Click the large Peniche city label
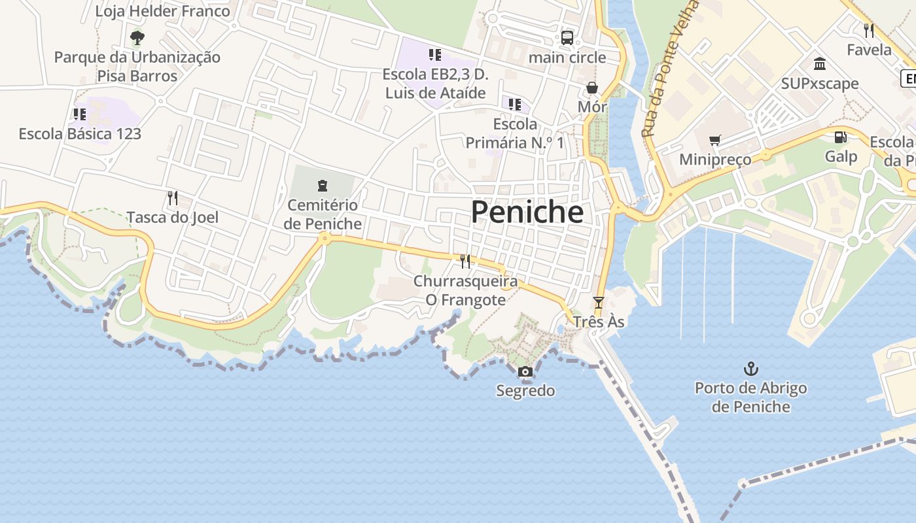click(x=527, y=212)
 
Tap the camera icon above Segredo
click(x=525, y=372)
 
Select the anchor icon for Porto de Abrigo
click(x=750, y=369)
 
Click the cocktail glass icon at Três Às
click(x=598, y=302)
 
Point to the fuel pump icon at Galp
click(x=840, y=137)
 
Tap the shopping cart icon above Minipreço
click(x=714, y=141)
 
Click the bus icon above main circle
click(x=567, y=37)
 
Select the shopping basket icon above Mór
click(x=592, y=88)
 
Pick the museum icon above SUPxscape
click(x=819, y=63)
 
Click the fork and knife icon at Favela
click(x=869, y=30)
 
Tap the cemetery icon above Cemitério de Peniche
click(x=322, y=186)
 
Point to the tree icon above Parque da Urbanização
click(x=137, y=37)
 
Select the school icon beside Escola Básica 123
click(x=80, y=114)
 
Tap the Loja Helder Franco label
click(x=163, y=11)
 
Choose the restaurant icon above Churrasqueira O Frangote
click(x=465, y=261)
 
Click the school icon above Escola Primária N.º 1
click(x=515, y=104)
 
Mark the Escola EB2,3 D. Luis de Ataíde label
click(x=435, y=83)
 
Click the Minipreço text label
click(x=715, y=160)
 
